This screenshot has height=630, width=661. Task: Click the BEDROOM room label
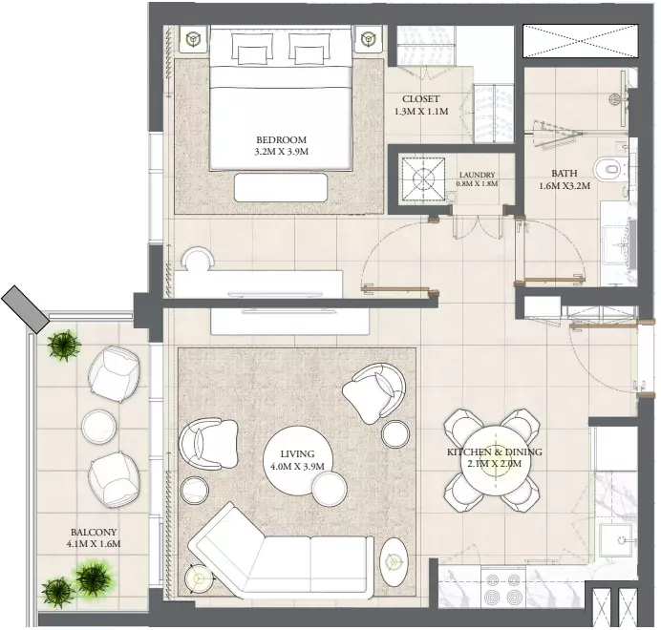pyautogui.click(x=281, y=139)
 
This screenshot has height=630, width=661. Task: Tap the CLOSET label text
pyautogui.click(x=420, y=99)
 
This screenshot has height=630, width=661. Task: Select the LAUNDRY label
pyautogui.click(x=478, y=175)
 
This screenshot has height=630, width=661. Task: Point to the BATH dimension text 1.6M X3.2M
pyautogui.click(x=565, y=185)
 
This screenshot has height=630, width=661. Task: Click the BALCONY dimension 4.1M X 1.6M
pyautogui.click(x=94, y=544)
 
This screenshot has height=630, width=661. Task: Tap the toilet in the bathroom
pyautogui.click(x=608, y=169)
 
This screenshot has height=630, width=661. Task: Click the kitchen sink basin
pyautogui.click(x=616, y=539)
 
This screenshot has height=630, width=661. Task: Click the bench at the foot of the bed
pyautogui.click(x=281, y=187)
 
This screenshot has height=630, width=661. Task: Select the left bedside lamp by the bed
pyautogui.click(x=194, y=39)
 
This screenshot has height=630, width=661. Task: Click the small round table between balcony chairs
pyautogui.click(x=98, y=426)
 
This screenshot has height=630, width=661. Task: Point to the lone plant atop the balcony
pyautogui.click(x=64, y=345)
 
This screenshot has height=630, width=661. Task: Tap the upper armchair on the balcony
pyautogui.click(x=114, y=374)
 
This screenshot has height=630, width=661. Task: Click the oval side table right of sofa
pyautogui.click(x=394, y=561)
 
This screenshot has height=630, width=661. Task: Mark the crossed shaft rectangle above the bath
pyautogui.click(x=581, y=41)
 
